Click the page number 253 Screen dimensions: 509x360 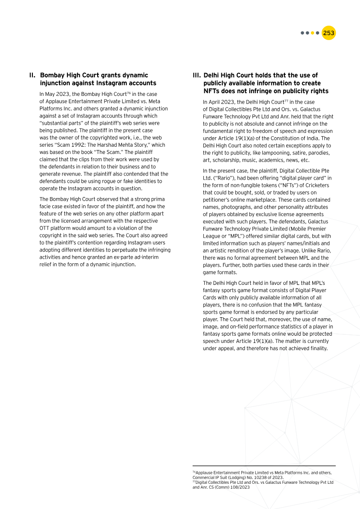tap(329, 33)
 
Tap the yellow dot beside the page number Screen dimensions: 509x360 tap(312, 33)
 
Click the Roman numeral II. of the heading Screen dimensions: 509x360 tap(32, 76)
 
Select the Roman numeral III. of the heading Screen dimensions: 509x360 tap(197, 76)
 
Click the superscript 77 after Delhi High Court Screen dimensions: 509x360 tap(286, 101)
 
